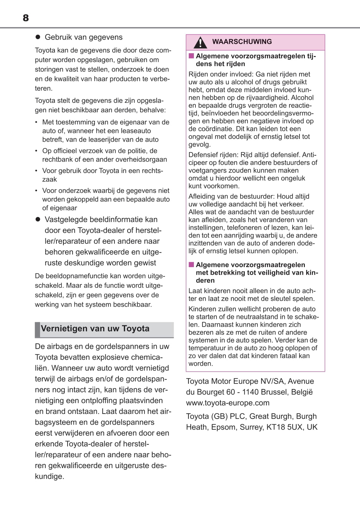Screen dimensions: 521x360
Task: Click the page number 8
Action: point(26,18)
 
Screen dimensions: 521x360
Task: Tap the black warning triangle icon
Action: point(200,43)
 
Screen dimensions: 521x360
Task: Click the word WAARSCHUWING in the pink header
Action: point(242,42)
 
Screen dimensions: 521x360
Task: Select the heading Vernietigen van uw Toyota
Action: point(95,329)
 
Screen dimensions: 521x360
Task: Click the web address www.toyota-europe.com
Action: point(228,403)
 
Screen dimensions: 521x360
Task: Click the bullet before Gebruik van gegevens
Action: point(38,37)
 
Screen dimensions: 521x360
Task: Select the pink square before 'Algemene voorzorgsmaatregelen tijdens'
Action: point(191,56)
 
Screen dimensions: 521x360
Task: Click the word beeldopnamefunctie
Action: point(78,276)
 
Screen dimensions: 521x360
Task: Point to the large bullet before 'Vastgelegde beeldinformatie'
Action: point(38,220)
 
